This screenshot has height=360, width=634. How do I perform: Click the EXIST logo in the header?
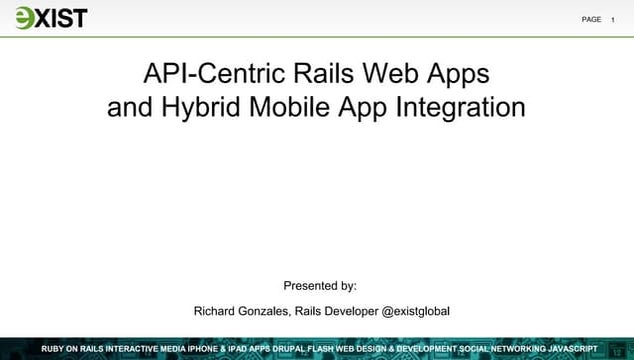[x=51, y=18]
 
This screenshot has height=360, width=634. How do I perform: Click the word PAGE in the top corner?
[x=591, y=19]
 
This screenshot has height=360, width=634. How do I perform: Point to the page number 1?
[x=613, y=19]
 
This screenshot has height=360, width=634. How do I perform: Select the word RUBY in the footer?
[x=54, y=348]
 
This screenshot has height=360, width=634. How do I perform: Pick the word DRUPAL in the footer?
[x=293, y=348]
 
